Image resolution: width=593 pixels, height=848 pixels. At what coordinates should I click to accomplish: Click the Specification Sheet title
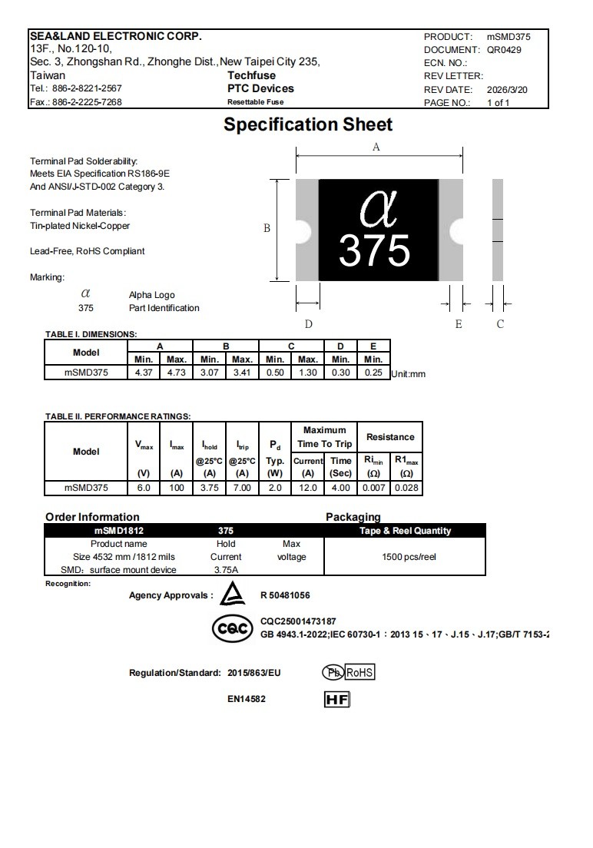point(308,124)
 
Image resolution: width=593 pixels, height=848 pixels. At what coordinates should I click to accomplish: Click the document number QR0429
point(504,49)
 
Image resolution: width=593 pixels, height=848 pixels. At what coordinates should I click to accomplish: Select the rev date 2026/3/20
point(507,89)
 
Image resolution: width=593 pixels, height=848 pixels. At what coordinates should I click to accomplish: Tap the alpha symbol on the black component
point(377,210)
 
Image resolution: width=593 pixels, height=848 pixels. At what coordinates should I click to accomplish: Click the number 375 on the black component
point(375,250)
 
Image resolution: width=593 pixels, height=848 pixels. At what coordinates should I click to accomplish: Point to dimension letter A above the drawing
point(376,147)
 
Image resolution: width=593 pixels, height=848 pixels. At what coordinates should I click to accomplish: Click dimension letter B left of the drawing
point(267,228)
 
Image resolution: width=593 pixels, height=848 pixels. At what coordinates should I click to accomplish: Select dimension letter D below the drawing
point(308,324)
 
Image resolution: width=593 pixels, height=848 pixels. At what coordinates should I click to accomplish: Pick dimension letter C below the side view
point(500,324)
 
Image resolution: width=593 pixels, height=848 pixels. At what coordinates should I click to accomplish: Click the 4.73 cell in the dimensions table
point(177,373)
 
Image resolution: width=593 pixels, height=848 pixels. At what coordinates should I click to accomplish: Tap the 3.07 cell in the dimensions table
point(210,373)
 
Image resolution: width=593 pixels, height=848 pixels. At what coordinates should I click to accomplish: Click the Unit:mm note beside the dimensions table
point(408,374)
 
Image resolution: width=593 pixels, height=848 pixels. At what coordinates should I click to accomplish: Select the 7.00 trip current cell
point(242,488)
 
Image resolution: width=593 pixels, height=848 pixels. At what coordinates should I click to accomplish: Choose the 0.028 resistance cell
point(406,488)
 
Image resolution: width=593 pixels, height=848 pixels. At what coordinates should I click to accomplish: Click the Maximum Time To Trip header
point(324,437)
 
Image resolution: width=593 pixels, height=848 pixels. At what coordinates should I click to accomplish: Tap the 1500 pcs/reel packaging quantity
point(405,557)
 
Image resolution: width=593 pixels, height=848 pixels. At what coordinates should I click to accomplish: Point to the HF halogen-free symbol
point(337,700)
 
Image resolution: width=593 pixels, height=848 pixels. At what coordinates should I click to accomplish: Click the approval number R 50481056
point(285,595)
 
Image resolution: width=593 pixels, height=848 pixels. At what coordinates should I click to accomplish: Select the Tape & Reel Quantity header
point(405,531)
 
